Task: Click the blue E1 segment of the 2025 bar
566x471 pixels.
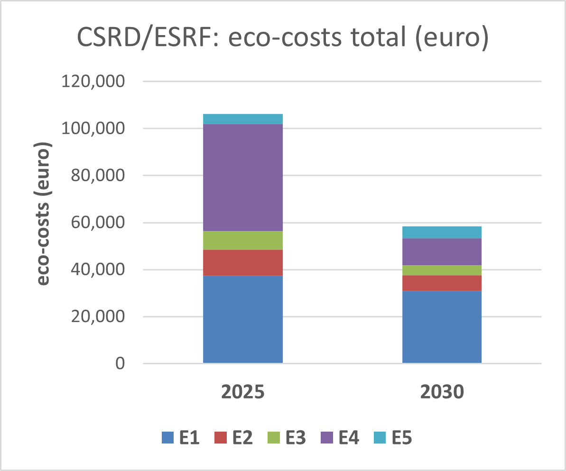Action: [x=242, y=319]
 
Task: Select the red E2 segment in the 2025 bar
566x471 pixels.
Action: [x=242, y=262]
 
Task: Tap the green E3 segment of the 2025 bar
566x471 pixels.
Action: [x=242, y=240]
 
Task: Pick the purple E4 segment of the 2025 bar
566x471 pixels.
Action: [x=242, y=177]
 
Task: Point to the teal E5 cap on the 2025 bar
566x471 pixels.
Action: [x=242, y=119]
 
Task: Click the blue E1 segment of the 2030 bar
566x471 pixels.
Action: [x=442, y=327]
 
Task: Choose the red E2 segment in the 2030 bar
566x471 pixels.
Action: [x=442, y=283]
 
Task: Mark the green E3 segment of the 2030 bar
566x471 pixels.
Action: [x=442, y=270]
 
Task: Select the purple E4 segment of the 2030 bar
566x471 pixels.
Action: [x=442, y=251]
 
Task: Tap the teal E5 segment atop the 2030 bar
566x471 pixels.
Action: [x=442, y=232]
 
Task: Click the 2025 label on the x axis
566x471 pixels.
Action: [x=242, y=393]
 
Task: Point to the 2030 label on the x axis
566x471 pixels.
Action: [x=442, y=393]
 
